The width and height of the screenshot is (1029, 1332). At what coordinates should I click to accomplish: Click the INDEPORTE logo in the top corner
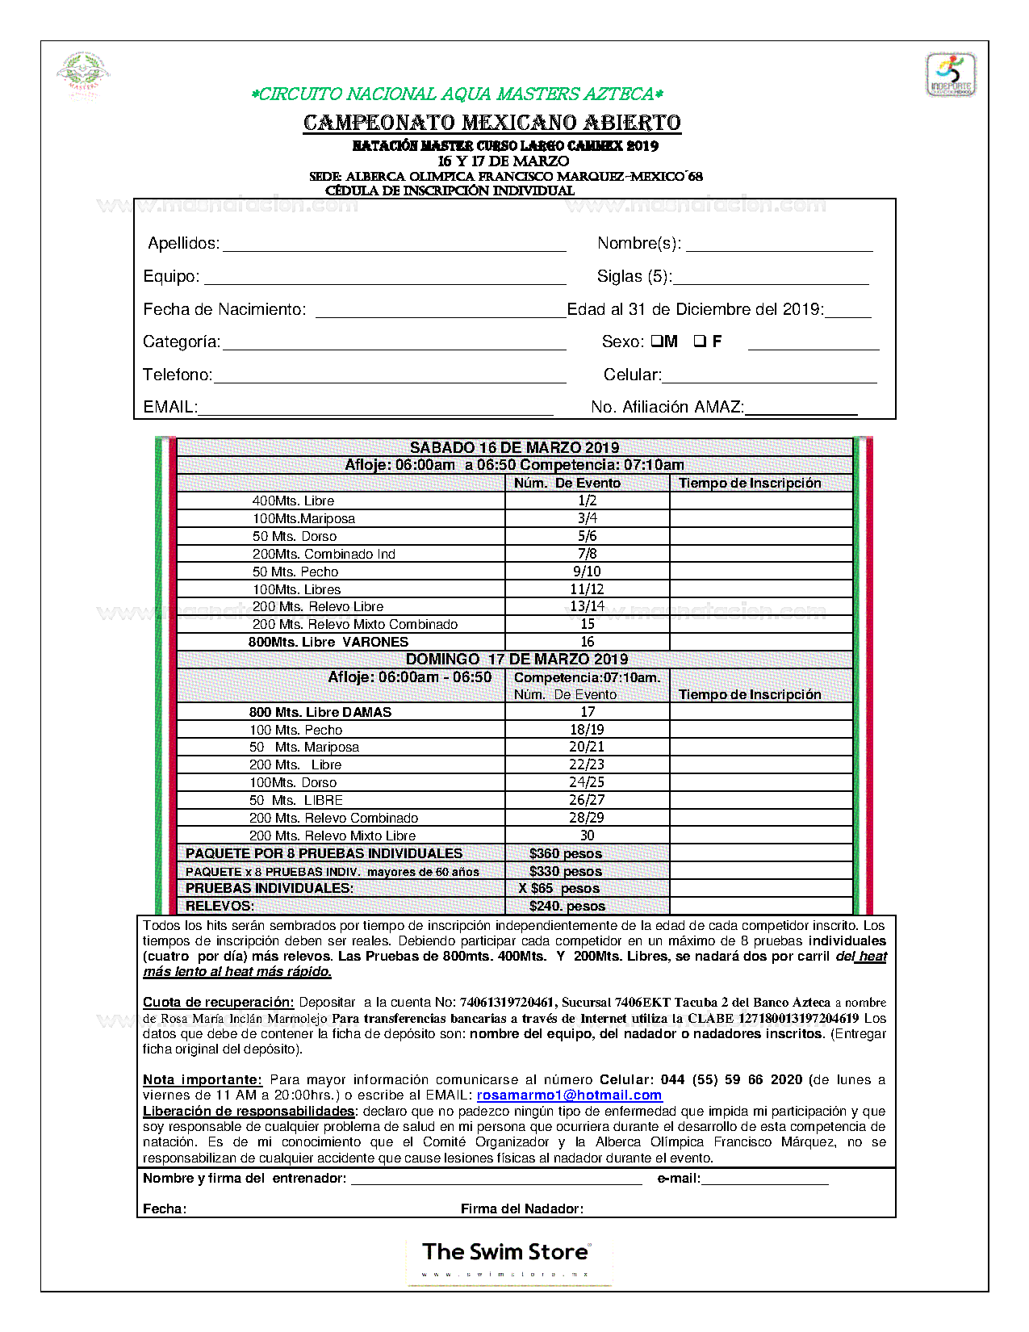(x=950, y=75)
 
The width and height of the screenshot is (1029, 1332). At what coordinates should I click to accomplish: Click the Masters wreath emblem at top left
(x=83, y=74)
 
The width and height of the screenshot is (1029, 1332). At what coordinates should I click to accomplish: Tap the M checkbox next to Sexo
(x=657, y=341)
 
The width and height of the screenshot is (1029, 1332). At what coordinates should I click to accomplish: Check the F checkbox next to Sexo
(x=700, y=341)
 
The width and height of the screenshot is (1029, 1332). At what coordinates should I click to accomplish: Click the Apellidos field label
(x=183, y=244)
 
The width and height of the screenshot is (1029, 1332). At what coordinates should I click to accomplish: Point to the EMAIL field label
(x=169, y=407)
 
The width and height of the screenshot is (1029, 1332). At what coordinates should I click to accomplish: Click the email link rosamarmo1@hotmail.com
(x=569, y=1095)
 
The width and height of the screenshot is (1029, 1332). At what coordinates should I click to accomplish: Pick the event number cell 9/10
(x=587, y=572)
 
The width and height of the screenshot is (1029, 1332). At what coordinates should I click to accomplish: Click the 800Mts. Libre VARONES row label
(x=328, y=642)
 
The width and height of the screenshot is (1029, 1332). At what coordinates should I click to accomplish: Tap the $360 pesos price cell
(x=565, y=853)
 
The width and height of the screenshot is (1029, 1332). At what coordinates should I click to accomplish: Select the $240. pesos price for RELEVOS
(x=567, y=906)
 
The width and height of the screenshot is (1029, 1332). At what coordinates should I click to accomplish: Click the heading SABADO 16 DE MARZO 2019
(x=514, y=447)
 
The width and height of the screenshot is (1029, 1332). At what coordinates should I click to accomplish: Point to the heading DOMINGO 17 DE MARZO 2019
(x=517, y=659)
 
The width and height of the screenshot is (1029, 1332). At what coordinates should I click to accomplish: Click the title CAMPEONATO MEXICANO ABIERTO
(x=492, y=123)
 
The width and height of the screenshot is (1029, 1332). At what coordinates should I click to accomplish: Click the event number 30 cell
(x=587, y=836)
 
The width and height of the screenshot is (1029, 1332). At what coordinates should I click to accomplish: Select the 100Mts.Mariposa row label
(x=303, y=518)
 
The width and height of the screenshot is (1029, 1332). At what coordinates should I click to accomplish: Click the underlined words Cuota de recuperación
(x=218, y=1002)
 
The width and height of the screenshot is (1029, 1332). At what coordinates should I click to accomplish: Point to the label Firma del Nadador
(x=521, y=1208)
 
